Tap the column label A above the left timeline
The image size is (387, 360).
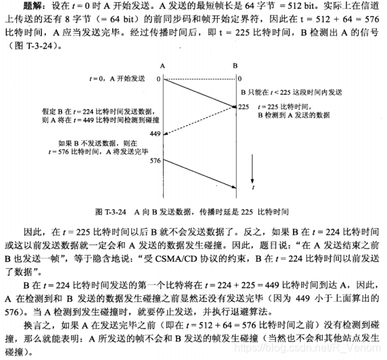[x=162, y=66]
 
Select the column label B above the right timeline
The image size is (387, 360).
[x=235, y=66]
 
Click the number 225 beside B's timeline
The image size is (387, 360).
[x=244, y=106]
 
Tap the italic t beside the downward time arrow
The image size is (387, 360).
[x=252, y=181]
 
